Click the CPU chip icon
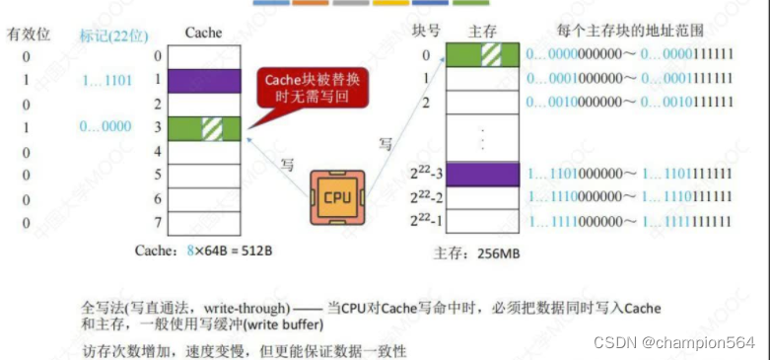click(335, 195)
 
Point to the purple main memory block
click(483, 174)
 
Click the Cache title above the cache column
click(203, 33)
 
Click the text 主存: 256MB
click(476, 253)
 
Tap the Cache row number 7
click(156, 223)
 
